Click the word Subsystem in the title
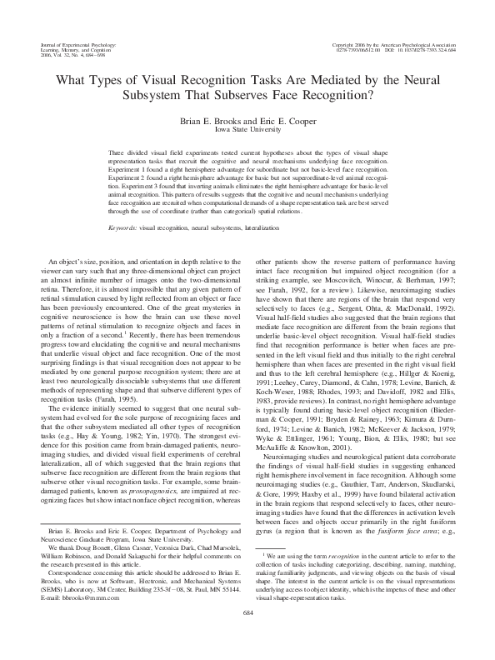pos(176,94)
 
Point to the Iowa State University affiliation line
pos(247,131)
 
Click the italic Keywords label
pos(123,227)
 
